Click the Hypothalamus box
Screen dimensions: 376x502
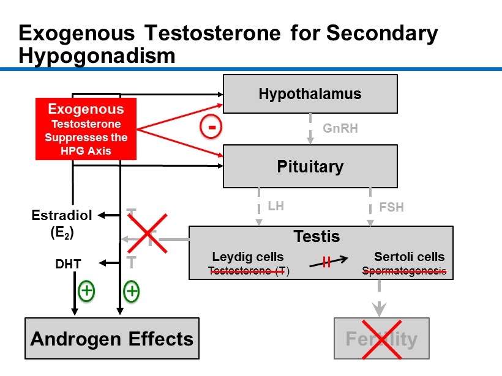click(310, 94)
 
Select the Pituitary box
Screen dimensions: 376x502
click(310, 166)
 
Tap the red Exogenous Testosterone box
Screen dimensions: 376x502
click(86, 129)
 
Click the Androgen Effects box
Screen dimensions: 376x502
click(112, 338)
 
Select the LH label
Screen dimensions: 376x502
click(275, 206)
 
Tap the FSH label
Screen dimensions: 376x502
click(391, 207)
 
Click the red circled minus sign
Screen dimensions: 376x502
click(210, 128)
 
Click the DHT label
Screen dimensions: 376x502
click(69, 264)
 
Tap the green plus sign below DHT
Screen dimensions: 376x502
click(86, 291)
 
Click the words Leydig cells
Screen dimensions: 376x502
click(248, 257)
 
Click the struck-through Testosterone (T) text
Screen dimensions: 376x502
click(248, 271)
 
